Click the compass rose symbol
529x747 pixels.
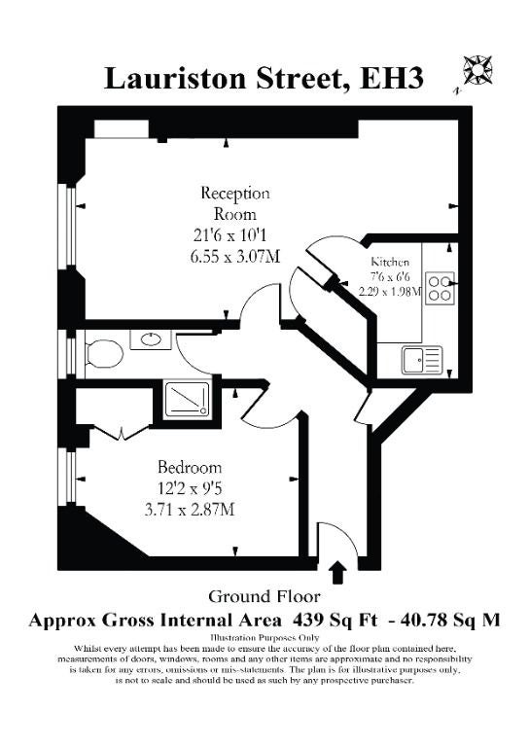[x=478, y=70]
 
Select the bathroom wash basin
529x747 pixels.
[x=151, y=339]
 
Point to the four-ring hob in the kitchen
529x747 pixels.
[x=440, y=288]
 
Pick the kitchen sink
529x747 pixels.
[x=422, y=360]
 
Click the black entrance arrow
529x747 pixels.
[x=338, y=572]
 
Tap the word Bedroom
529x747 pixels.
[x=190, y=467]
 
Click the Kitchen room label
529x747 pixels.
[x=390, y=262]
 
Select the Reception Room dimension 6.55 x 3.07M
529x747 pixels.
[x=234, y=257]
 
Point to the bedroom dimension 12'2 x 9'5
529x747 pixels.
[x=190, y=489]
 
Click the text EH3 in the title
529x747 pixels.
[x=391, y=79]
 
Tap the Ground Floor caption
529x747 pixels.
[x=264, y=596]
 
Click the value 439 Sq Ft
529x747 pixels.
[x=335, y=621]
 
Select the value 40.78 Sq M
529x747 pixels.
[x=451, y=621]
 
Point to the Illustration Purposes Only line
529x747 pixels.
[x=264, y=637]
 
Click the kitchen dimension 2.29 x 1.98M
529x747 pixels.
[x=390, y=291]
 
